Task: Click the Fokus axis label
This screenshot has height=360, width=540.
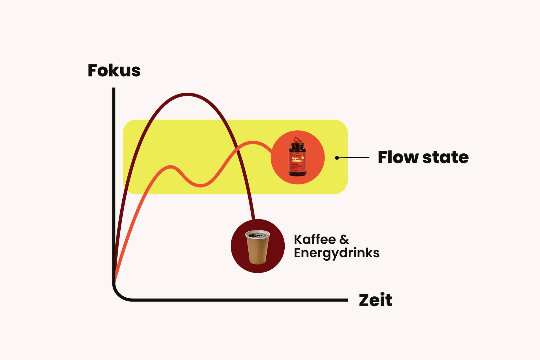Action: [x=114, y=70]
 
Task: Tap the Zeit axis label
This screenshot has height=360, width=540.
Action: [x=375, y=300]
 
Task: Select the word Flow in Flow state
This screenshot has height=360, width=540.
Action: [x=398, y=157]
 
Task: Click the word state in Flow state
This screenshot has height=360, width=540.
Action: [x=445, y=157]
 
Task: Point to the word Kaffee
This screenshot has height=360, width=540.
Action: [x=315, y=240]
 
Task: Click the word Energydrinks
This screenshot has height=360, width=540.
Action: [x=337, y=253]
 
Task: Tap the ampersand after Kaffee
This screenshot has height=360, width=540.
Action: [x=344, y=240]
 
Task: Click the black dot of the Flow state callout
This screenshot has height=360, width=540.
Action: [x=337, y=158]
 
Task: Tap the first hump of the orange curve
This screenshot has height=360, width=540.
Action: [x=170, y=167]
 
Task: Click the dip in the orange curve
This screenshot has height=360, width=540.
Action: [x=201, y=185]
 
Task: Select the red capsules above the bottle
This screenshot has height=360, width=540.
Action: [x=297, y=140]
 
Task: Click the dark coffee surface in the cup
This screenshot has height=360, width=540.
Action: [x=258, y=234]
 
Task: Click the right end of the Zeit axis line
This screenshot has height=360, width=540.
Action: [x=346, y=300]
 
